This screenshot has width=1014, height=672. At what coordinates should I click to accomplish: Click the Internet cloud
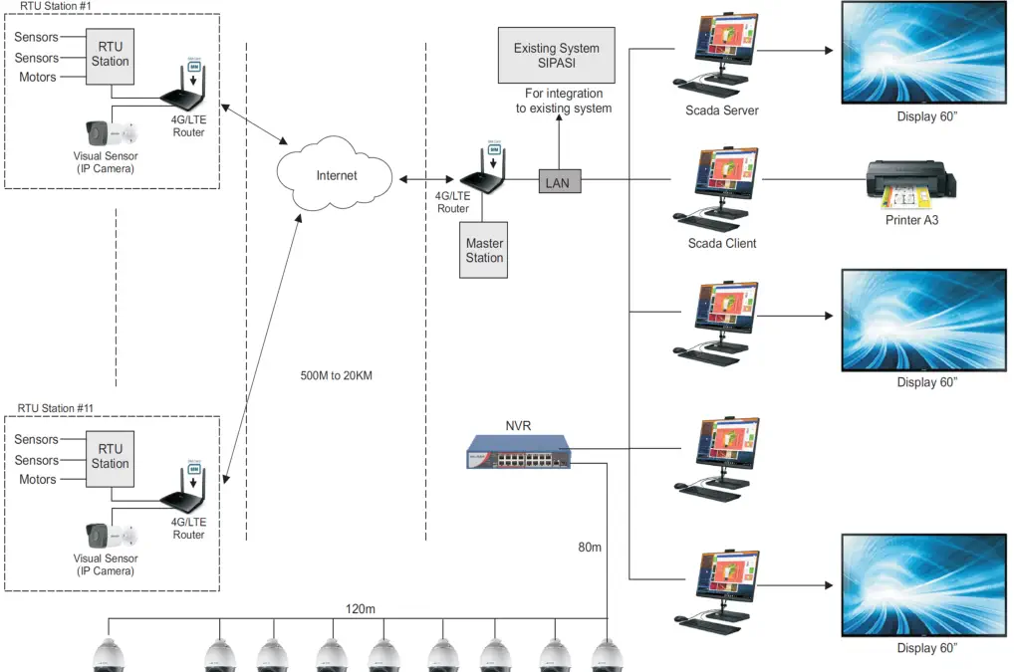click(336, 176)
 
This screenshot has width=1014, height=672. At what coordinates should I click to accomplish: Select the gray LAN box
click(557, 182)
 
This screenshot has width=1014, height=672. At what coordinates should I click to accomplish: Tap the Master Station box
click(484, 250)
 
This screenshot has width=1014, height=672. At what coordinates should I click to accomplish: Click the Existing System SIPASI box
click(556, 56)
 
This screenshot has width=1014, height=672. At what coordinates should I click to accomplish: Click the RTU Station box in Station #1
click(110, 54)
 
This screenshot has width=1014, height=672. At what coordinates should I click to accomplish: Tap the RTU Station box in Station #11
click(110, 456)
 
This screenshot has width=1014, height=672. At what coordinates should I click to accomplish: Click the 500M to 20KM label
click(336, 376)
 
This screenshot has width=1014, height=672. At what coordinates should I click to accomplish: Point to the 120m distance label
click(359, 609)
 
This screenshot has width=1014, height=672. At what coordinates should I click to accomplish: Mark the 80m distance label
click(590, 547)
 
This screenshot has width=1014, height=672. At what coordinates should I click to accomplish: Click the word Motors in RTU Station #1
click(38, 78)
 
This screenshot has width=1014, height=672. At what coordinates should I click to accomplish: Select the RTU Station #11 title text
click(56, 408)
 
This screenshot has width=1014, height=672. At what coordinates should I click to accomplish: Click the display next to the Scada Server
click(924, 52)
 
